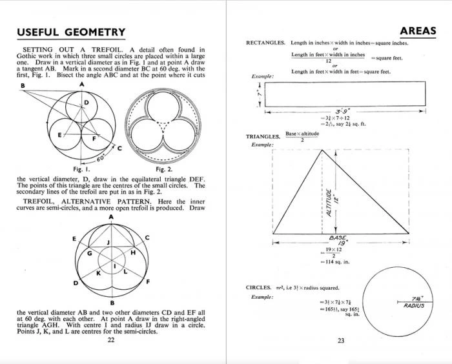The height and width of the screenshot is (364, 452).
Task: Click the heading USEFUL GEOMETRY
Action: (x=71, y=32)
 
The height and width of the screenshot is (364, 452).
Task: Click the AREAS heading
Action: (x=418, y=30)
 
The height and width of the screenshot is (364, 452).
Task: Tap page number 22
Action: (x=110, y=340)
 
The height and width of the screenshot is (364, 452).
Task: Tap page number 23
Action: (x=340, y=341)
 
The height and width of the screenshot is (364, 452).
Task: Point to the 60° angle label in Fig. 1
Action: (x=99, y=157)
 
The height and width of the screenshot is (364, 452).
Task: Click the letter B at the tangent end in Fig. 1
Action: (x=23, y=86)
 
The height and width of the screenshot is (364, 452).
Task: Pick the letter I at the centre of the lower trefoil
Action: (x=114, y=265)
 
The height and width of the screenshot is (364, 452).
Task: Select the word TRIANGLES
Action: (x=263, y=137)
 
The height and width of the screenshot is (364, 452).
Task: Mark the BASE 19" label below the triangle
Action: (x=337, y=239)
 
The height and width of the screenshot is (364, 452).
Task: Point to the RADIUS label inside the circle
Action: (x=414, y=305)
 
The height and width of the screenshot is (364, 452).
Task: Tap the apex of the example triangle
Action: (x=322, y=150)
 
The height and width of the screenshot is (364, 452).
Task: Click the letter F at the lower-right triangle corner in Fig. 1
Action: (x=94, y=139)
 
